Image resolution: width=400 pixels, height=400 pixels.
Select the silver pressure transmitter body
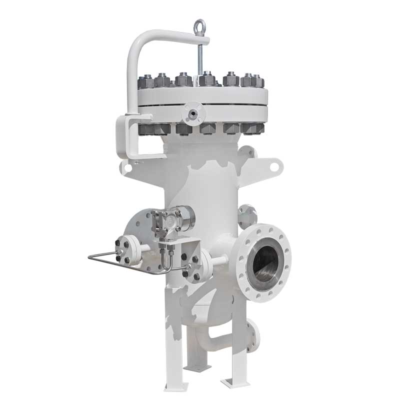point(182,216)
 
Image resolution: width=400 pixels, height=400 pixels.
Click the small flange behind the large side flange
point(247,215)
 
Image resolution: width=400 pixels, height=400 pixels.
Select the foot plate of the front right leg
point(234,382)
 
